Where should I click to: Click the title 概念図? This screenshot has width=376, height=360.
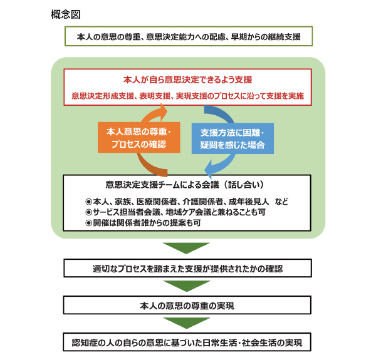[65, 14]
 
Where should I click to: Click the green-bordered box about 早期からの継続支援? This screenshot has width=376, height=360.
[189, 36]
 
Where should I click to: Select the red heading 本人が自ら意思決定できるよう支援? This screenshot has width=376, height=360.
[188, 80]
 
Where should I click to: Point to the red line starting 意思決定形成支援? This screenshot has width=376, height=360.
[188, 96]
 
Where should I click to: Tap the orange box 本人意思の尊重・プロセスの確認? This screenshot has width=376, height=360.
[139, 138]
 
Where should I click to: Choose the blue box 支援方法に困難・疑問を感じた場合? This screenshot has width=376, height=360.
[232, 138]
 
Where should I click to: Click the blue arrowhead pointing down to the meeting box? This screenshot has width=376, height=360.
[209, 170]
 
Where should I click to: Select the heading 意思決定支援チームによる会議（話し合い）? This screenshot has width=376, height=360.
[185, 185]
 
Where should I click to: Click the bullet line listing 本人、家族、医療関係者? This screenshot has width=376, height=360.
[187, 202]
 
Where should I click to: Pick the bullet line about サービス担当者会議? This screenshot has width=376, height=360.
[175, 212]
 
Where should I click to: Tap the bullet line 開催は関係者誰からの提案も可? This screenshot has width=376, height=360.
[143, 223]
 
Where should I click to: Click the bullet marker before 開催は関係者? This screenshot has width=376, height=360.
[89, 224]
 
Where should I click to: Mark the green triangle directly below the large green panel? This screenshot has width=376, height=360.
[186, 247]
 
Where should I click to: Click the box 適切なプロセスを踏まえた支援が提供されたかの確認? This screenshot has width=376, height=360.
[187, 268]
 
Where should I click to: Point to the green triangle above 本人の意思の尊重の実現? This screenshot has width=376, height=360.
[187, 285]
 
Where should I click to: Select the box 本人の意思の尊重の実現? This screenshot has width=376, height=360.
[187, 305]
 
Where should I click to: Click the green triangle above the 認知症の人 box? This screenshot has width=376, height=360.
[187, 322]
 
